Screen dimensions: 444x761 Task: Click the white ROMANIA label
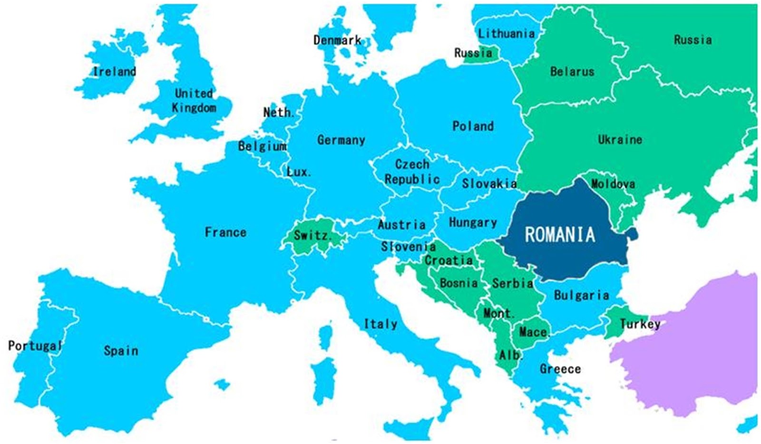pos(559,234)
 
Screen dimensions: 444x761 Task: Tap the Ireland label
pos(114,72)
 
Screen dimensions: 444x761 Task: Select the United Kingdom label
pos(194,100)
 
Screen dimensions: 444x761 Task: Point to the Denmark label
pos(337,40)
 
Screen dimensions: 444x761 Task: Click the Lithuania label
pos(506,34)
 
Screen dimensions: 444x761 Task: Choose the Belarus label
pos(572,72)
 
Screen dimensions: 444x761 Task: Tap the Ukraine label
pos(620,140)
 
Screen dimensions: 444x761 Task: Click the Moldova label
pos(613,183)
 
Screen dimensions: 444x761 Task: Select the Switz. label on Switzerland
pos(312,235)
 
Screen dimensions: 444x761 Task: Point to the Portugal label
pos(35,346)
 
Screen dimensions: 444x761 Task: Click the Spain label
pos(121,351)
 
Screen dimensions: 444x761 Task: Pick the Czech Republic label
pos(412,172)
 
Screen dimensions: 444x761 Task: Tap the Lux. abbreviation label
pos(299,172)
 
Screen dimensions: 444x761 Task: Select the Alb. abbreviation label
pos(510,355)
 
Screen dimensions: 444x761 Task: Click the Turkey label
pos(640,324)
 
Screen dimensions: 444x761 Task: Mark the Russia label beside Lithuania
pos(473,53)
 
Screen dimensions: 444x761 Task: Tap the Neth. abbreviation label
pos(279,113)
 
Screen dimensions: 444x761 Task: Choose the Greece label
pos(560,369)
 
